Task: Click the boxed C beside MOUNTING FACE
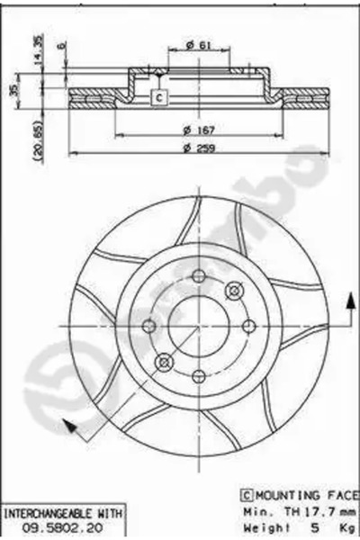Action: (245, 493)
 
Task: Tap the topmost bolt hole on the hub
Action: (199, 276)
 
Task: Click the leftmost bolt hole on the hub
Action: (149, 326)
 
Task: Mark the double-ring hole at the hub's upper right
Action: (235, 290)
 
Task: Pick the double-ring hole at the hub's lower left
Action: (163, 362)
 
